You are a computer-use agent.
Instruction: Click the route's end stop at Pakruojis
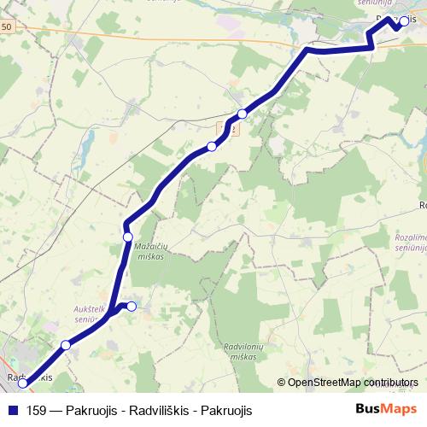coord(397,25)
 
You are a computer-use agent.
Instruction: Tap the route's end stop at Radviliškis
coord(23,383)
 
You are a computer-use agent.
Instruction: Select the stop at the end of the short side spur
coord(132,306)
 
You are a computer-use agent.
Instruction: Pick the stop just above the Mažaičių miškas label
coord(128,237)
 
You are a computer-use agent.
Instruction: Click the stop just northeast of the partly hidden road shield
coord(243,114)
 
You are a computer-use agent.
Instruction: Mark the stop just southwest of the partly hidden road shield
coord(212,145)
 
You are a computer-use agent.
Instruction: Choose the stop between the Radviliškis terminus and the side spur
coord(66,345)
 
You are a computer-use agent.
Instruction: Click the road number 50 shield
coord(7,27)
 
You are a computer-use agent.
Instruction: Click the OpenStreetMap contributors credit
coord(354,382)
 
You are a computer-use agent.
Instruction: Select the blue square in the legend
coord(12,410)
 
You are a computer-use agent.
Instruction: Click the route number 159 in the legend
coord(37,410)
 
